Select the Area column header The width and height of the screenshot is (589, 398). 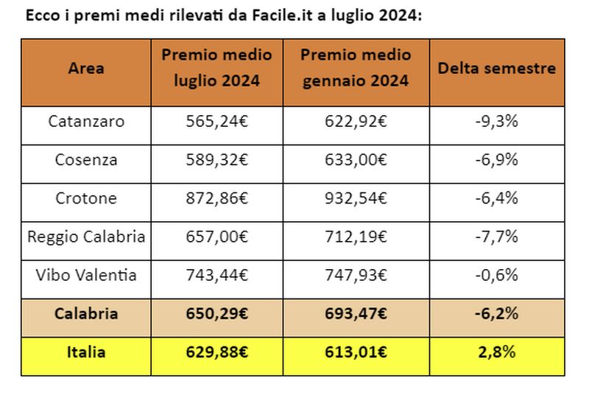(86, 69)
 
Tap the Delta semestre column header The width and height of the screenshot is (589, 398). (497, 69)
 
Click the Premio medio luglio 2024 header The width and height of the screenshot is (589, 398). (216, 69)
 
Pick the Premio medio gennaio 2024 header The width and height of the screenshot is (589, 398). (356, 69)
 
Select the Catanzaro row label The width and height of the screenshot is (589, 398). (86, 121)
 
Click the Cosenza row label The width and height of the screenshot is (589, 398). (86, 159)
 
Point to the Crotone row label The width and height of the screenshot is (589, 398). (86, 198)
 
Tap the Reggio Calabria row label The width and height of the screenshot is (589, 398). (86, 237)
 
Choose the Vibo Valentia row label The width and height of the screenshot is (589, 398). (86, 275)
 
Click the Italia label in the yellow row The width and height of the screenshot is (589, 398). (86, 352)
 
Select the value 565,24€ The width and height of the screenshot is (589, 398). (216, 121)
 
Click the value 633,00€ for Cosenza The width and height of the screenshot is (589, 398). (356, 159)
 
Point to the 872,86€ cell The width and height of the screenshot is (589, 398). (216, 198)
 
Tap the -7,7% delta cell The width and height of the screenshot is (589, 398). (497, 237)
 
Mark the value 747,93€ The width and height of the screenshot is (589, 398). (356, 275)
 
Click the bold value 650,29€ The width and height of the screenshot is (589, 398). (216, 314)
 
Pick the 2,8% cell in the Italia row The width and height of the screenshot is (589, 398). (497, 352)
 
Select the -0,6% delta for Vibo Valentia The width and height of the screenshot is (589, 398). (497, 275)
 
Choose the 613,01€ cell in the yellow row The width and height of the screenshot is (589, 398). (356, 352)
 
